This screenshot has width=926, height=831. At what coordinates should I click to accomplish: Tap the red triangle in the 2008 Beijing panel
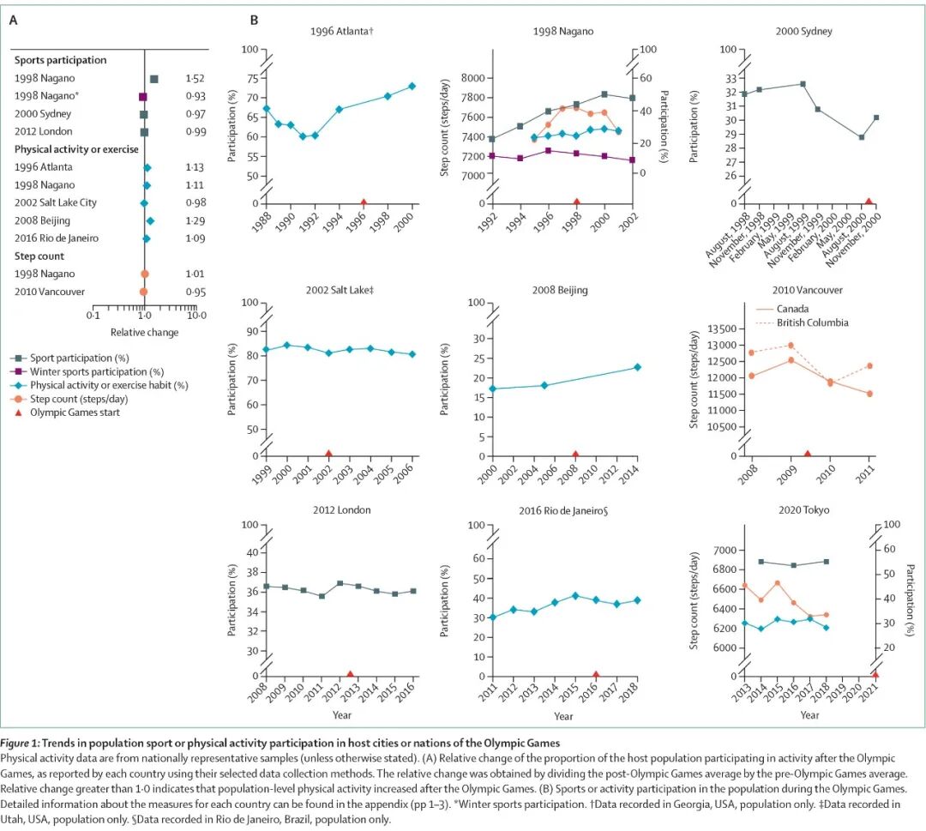pyautogui.click(x=575, y=454)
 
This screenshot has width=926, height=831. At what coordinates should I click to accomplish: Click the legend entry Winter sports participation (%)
pyautogui.click(x=96, y=371)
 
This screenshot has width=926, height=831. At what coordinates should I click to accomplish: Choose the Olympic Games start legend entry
pyautogui.click(x=76, y=413)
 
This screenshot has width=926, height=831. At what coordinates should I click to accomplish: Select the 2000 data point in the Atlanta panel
pyautogui.click(x=412, y=86)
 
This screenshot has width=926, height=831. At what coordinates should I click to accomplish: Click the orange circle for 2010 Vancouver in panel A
pyautogui.click(x=144, y=292)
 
